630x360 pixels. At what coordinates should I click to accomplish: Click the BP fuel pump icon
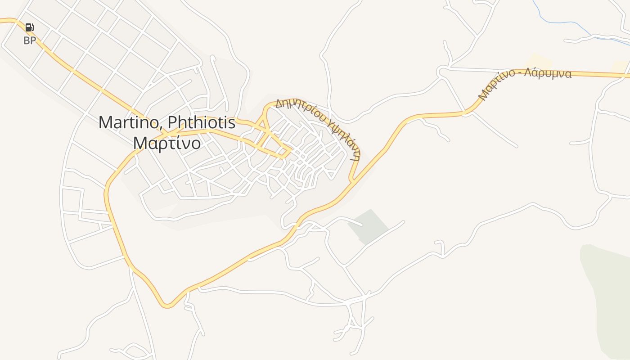29,27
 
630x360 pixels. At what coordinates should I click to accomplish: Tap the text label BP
30,41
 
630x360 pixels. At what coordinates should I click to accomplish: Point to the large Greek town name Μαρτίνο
167,143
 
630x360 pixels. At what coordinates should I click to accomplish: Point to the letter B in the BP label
27,41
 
